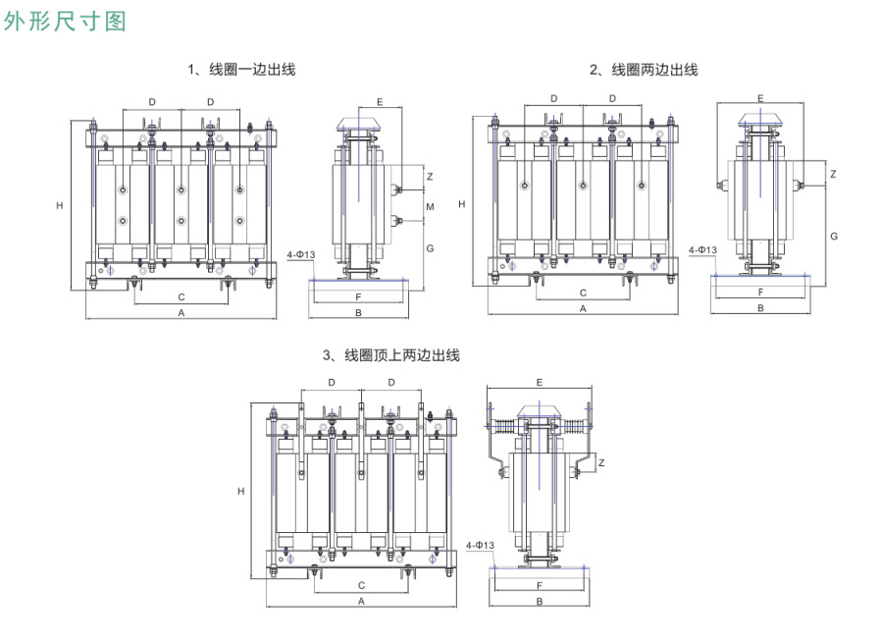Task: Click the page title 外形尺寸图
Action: pos(65,22)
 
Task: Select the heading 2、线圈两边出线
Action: pos(644,70)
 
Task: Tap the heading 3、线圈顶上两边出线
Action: pos(391,355)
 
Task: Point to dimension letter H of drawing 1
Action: pos(60,206)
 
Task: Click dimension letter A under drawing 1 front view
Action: pos(181,312)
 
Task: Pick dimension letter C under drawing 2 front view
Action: pos(583,293)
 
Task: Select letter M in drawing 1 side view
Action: pos(430,206)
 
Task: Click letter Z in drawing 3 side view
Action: pos(601,463)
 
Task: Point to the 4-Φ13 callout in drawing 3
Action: pos(480,545)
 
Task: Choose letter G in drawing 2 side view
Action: pos(833,237)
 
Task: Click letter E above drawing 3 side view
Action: pos(540,382)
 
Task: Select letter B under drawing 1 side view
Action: pos(359,313)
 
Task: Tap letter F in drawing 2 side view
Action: pos(760,293)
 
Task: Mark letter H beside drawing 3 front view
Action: pos(240,491)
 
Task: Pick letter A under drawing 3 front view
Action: pos(361,600)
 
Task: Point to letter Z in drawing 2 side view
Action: pos(832,174)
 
